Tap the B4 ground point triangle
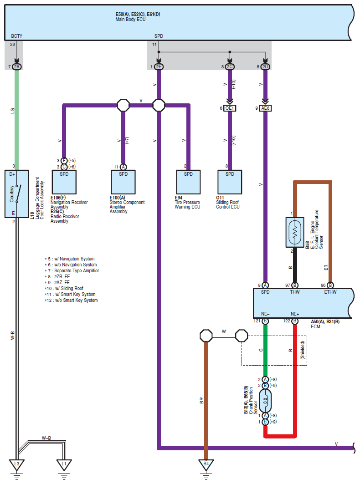point(206,465)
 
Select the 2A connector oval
point(17,66)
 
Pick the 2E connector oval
point(159,66)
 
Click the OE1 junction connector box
point(230,108)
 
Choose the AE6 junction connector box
point(265,108)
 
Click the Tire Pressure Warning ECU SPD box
point(188,182)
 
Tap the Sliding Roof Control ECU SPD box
point(230,182)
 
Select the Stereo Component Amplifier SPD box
point(123,182)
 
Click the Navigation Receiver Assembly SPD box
point(64,182)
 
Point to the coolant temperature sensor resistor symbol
point(295,232)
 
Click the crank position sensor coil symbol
point(265,401)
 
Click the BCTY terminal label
point(17,36)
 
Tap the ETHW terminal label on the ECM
point(330,292)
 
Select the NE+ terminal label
point(295,314)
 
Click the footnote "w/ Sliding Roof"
point(69,288)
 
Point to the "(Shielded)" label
point(303,350)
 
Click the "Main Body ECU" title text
point(130,19)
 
